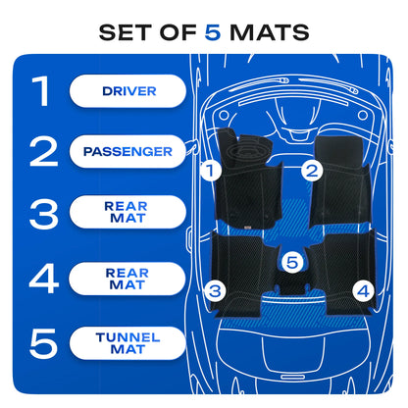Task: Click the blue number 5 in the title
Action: [x=213, y=32]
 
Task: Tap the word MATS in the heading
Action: [x=270, y=32]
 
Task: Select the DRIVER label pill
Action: [x=127, y=91]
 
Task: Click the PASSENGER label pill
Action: [x=127, y=151]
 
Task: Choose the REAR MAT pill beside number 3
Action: [x=127, y=212]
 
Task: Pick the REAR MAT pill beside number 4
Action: [x=127, y=279]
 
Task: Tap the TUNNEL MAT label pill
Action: [x=127, y=343]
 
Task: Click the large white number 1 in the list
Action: [x=41, y=91]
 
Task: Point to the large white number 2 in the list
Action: [x=44, y=152]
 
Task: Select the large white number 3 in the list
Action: [x=44, y=214]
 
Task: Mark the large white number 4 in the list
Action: [x=44, y=279]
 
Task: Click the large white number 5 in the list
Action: [x=44, y=343]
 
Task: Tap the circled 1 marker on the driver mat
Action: [x=211, y=170]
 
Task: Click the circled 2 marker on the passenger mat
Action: [x=312, y=171]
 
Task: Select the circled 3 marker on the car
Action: [x=215, y=290]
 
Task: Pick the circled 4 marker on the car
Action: [x=363, y=290]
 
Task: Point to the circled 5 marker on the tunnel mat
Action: [x=292, y=262]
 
